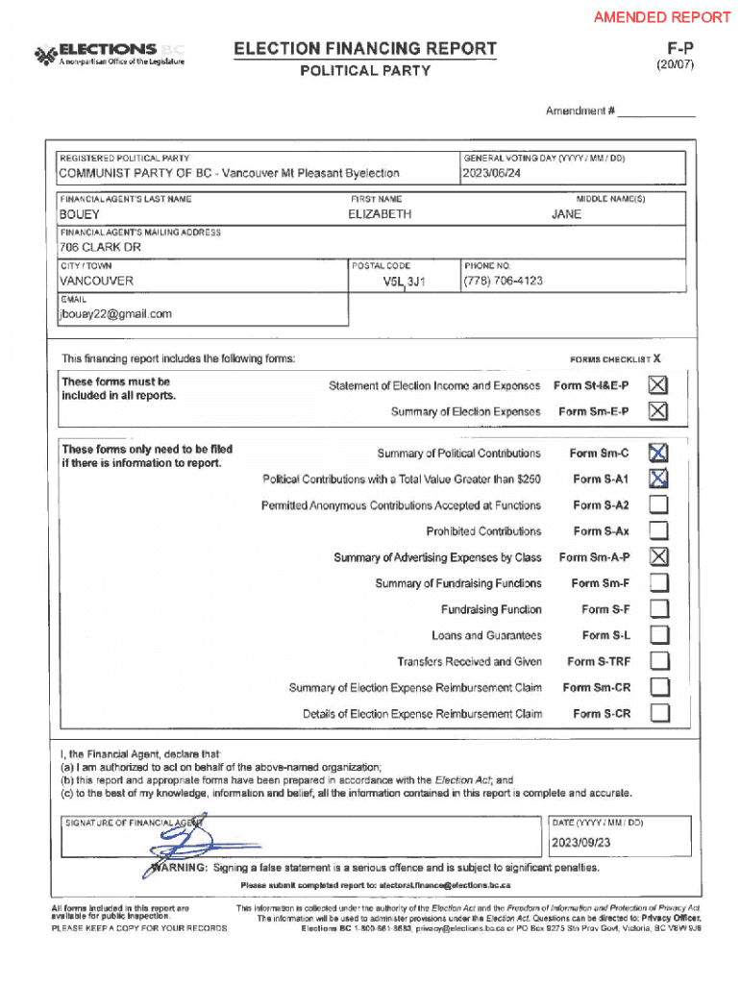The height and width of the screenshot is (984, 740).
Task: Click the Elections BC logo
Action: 109,54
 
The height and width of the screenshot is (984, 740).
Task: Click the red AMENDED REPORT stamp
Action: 662,17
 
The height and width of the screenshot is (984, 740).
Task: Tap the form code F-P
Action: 681,47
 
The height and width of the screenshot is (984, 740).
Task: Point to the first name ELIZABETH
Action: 380,214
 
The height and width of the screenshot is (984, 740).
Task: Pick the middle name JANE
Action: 566,214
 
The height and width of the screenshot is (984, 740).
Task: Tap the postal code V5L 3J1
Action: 404,282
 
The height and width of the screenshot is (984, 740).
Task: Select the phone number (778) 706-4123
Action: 503,281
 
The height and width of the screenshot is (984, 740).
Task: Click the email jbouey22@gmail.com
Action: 116,314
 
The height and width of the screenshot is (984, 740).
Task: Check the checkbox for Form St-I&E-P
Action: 657,385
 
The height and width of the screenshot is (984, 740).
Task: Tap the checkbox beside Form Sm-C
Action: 658,453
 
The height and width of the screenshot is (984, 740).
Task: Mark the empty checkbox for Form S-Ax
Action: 658,530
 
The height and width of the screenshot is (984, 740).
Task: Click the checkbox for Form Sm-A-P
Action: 658,556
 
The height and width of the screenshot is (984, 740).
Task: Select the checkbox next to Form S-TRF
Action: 658,661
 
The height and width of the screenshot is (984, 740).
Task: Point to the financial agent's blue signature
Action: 182,846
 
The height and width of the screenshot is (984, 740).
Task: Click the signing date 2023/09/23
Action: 581,844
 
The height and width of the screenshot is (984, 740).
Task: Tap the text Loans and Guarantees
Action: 486,635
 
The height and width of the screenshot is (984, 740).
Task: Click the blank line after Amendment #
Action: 655,111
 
